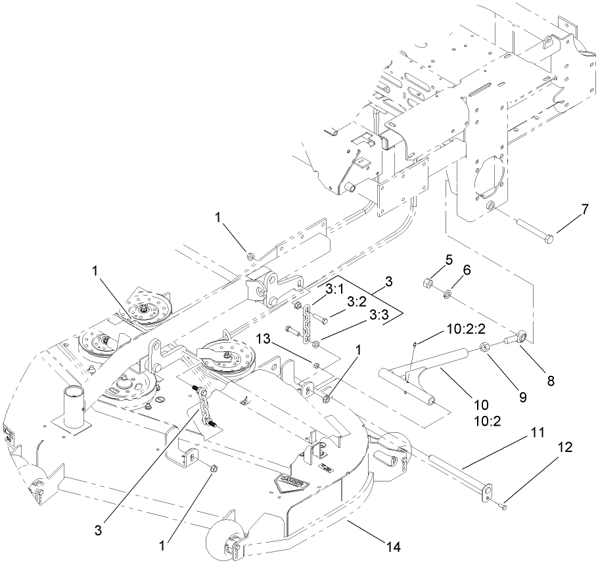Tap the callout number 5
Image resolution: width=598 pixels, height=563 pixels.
(449, 260)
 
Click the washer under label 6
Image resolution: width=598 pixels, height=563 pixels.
(446, 292)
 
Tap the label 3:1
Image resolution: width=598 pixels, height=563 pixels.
(336, 289)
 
